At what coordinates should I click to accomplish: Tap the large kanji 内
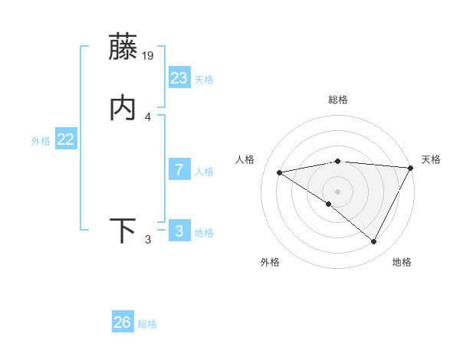123,108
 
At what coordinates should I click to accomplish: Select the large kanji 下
123,231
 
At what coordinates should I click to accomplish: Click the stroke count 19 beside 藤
149,55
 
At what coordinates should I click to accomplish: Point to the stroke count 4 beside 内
148,117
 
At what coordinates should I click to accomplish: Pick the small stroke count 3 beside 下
148,240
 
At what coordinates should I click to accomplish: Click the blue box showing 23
179,78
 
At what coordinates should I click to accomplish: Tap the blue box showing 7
179,170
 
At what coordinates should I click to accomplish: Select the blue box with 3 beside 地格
179,231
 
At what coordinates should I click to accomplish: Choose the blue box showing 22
65,139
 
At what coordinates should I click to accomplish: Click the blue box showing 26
122,322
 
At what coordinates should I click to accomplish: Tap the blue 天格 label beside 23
204,80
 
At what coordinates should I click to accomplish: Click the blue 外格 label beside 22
41,141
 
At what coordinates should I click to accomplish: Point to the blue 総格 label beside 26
147,324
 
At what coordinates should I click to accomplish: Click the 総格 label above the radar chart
338,100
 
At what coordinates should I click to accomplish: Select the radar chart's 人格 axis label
245,159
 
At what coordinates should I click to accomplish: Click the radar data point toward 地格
374,242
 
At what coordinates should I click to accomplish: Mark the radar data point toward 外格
329,205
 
